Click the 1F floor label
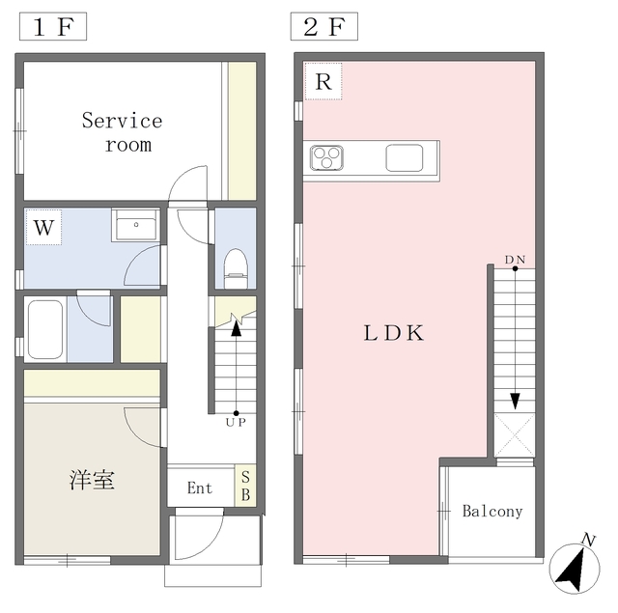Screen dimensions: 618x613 tap(53, 26)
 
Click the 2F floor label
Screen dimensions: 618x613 tap(324, 26)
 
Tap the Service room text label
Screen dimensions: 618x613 tap(123, 132)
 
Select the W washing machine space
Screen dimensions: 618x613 tap(43, 227)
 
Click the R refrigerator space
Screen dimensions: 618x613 tap(323, 81)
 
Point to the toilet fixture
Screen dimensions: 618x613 tap(236, 268)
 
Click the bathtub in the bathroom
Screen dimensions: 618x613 tap(45, 329)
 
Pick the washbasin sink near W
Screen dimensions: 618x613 tap(135, 225)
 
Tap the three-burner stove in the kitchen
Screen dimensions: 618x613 tap(326, 157)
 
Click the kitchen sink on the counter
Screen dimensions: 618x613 tap(405, 158)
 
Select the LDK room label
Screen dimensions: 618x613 tap(394, 333)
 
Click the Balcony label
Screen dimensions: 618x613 tap(492, 511)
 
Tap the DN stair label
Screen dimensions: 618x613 tap(515, 260)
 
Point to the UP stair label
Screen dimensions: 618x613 tap(236, 422)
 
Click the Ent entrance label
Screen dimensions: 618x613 tap(200, 488)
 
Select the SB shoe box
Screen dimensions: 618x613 tap(245, 487)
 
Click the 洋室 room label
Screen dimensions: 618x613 tap(92, 480)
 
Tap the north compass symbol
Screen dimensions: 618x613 tap(575, 565)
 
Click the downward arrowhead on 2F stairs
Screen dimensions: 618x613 tap(515, 401)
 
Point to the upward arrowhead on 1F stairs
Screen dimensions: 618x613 tap(236, 328)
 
